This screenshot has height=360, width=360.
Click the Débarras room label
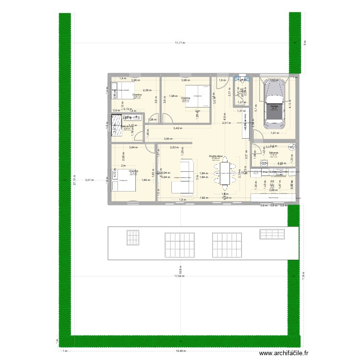(x=274, y=153)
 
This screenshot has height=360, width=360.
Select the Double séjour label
(x=216, y=156)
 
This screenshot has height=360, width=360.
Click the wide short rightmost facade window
(x=272, y=234)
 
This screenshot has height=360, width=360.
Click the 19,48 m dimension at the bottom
(x=180, y=351)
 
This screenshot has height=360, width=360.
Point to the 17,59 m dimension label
(x=178, y=276)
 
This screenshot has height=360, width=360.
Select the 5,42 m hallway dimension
(x=178, y=129)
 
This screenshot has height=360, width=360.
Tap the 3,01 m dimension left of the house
(x=88, y=180)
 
